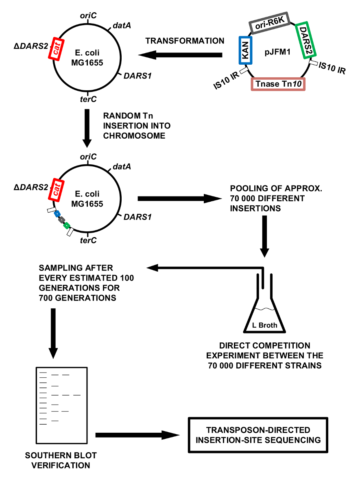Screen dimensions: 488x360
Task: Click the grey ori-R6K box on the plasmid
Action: click(269, 26)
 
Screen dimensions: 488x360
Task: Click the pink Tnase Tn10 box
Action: click(278, 84)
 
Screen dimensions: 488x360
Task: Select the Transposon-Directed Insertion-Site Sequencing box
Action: click(258, 435)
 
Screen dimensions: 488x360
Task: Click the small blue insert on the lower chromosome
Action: click(57, 213)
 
